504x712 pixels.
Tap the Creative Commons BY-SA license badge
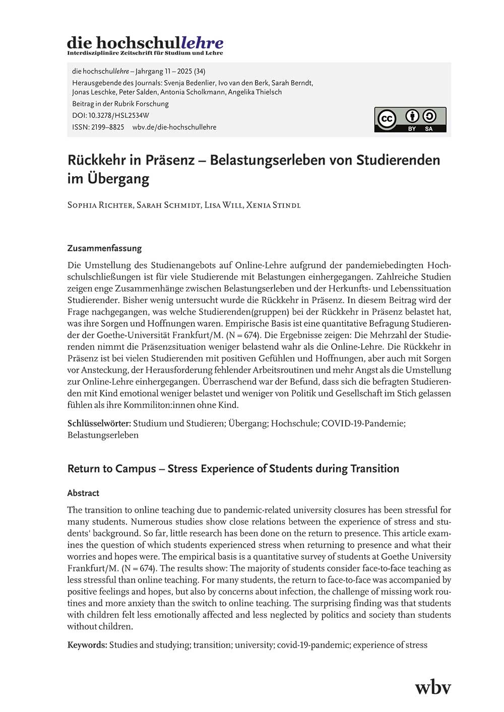410,119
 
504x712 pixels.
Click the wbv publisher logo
432,687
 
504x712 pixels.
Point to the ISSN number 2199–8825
107,127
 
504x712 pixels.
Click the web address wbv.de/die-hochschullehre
174,127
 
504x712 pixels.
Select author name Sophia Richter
100,205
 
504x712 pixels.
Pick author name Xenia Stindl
273,205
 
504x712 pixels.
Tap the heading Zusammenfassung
104,248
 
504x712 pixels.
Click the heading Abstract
83,493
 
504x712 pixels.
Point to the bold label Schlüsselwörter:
99,423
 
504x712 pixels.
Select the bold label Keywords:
87,645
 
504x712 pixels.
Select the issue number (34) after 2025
200,72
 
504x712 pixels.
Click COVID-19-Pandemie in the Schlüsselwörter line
363,423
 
